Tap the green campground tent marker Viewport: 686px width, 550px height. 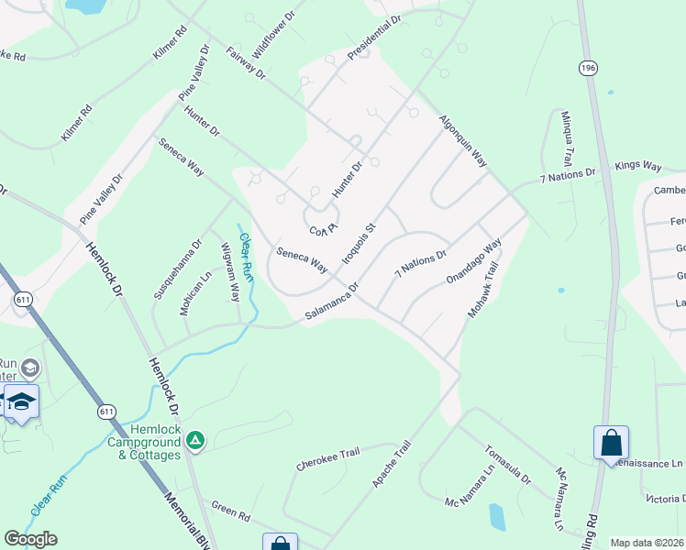pyautogui.click(x=194, y=441)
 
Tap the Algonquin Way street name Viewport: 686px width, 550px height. pyautogui.click(x=462, y=139)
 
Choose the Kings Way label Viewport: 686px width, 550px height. pyautogui.click(x=637, y=166)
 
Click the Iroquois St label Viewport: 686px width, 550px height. pyautogui.click(x=359, y=243)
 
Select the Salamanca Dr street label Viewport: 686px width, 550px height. pyautogui.click(x=330, y=302)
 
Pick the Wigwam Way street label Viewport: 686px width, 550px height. pyautogui.click(x=229, y=272)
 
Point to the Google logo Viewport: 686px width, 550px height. pyautogui.click(x=30, y=539)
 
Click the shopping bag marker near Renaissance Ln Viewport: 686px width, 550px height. pyautogui.click(x=611, y=444)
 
